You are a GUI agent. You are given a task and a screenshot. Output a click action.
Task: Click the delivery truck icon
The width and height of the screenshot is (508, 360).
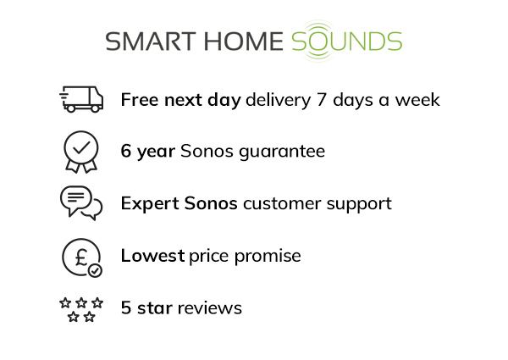pos(81,100)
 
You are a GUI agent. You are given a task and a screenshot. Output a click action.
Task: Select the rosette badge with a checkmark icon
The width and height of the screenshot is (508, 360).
pos(81,152)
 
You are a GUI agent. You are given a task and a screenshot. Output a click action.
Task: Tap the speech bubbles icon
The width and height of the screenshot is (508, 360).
pos(81,203)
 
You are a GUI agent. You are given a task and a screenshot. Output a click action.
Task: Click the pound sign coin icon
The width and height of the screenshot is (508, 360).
pos(81,256)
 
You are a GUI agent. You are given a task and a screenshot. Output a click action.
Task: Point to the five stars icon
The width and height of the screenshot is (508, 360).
pos(81,308)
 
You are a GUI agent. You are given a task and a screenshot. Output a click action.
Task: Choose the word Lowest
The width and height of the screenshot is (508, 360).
pos(152,256)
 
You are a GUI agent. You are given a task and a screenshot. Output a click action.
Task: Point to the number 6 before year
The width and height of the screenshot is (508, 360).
pos(126,152)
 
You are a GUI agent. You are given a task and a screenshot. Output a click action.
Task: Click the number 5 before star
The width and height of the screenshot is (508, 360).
pos(126,308)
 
